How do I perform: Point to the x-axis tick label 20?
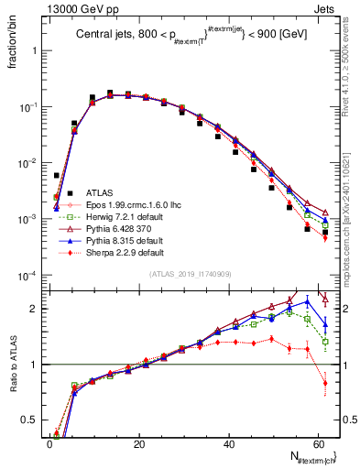[x=138, y=443]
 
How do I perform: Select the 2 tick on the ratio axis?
[x=35, y=309]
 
